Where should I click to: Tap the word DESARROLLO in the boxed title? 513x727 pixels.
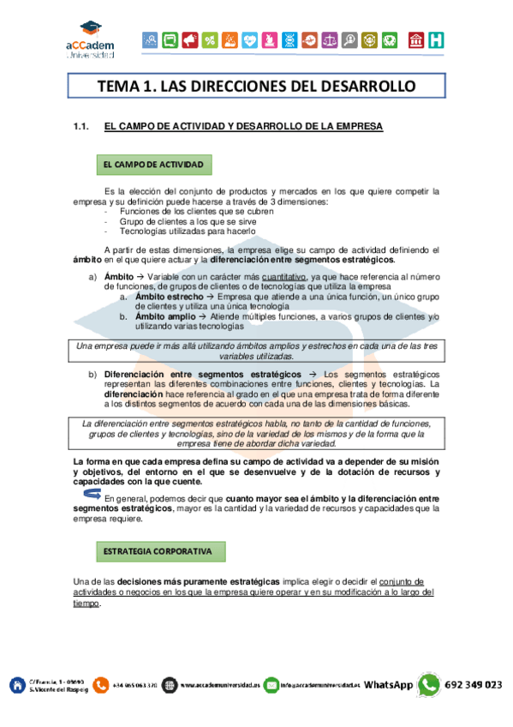(370, 87)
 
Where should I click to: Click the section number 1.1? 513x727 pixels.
(82, 127)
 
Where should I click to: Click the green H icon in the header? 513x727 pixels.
(437, 39)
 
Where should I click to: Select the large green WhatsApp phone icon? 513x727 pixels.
(429, 684)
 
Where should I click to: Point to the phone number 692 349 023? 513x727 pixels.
(474, 685)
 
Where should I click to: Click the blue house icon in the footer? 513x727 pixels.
(15, 685)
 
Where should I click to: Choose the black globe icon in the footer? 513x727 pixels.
(170, 685)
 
